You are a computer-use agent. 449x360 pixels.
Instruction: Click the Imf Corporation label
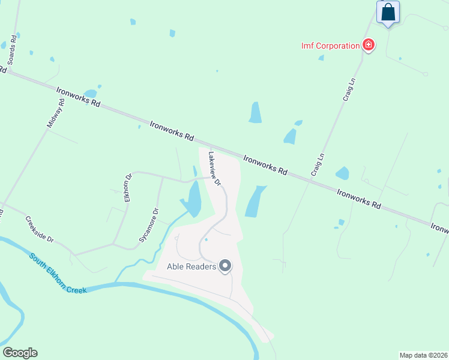(x=330, y=46)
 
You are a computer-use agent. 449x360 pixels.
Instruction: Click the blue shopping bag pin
(x=388, y=12)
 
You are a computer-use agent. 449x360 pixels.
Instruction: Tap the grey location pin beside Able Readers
(x=225, y=265)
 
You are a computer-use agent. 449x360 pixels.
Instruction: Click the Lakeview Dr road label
(x=214, y=168)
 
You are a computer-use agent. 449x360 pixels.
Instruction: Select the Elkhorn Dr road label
(x=128, y=188)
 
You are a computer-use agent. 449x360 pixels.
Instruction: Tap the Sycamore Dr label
(x=149, y=225)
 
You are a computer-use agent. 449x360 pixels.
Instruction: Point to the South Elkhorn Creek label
(x=58, y=274)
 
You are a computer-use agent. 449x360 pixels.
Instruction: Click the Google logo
(x=20, y=353)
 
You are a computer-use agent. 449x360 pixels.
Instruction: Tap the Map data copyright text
(x=423, y=355)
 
